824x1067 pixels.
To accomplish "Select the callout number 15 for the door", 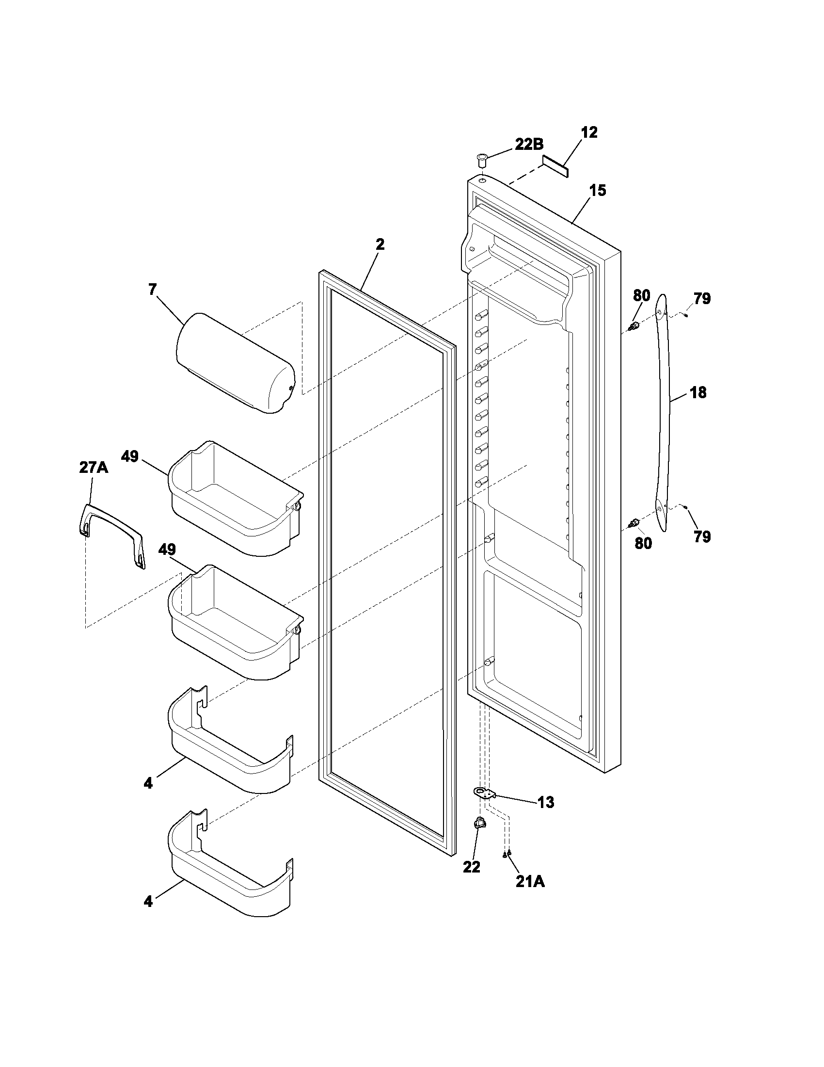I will point(598,191).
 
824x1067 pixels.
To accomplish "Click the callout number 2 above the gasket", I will point(380,245).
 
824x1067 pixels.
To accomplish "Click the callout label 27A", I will point(94,468).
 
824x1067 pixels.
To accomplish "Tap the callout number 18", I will point(698,392).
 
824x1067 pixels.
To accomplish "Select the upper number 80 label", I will point(641,295).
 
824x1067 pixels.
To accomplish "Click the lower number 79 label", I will point(702,537).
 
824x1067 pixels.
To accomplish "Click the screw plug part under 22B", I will point(482,159).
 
